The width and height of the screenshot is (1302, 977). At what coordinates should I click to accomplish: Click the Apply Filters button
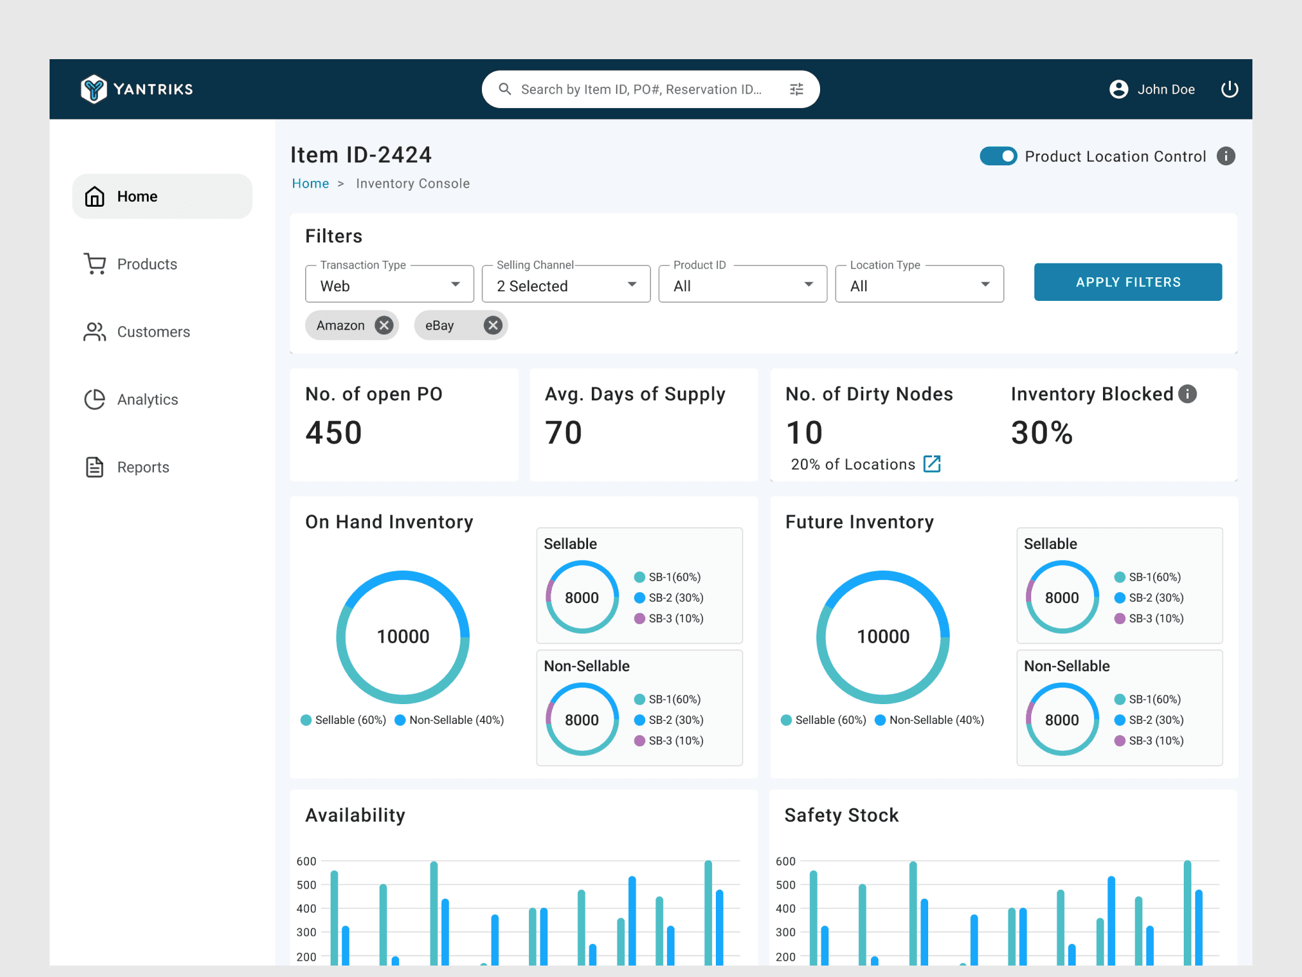point(1128,282)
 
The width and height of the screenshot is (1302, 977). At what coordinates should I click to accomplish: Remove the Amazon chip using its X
point(384,326)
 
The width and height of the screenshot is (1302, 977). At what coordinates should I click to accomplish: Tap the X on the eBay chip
point(493,326)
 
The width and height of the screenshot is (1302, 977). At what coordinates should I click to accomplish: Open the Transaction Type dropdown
point(390,284)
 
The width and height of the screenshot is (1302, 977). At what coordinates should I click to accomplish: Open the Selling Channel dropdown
point(566,284)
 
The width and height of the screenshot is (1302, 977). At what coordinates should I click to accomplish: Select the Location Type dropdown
point(919,284)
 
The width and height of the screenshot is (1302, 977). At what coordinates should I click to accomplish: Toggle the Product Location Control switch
point(999,156)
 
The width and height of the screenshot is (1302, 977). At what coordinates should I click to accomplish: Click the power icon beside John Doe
point(1230,89)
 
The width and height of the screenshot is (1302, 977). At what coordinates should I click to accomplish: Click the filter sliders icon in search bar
point(797,90)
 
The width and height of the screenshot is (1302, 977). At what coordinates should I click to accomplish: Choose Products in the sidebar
point(147,264)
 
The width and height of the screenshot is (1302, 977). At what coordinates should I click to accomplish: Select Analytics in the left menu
point(147,399)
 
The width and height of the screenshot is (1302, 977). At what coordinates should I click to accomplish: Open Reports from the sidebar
point(143,468)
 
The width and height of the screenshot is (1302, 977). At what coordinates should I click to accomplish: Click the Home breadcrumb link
point(310,184)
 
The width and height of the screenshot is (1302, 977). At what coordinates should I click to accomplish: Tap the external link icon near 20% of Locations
point(932,464)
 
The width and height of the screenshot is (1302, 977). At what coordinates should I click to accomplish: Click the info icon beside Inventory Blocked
point(1188,394)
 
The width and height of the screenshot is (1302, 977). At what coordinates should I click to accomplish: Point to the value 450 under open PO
point(334,433)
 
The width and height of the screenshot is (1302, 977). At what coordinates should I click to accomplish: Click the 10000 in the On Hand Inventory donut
point(403,637)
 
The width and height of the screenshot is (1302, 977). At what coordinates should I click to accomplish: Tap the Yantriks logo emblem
point(94,89)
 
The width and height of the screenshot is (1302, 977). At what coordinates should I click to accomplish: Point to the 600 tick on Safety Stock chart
point(786,861)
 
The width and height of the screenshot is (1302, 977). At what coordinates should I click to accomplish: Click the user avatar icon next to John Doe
point(1119,89)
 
